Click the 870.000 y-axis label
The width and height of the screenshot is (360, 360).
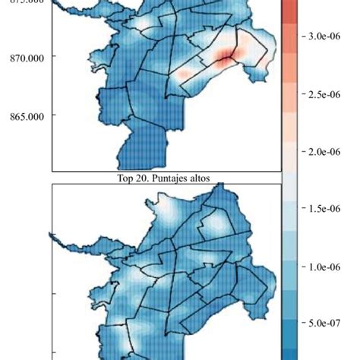[x=25, y=57]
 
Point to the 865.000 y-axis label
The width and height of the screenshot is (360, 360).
[x=25, y=116]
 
